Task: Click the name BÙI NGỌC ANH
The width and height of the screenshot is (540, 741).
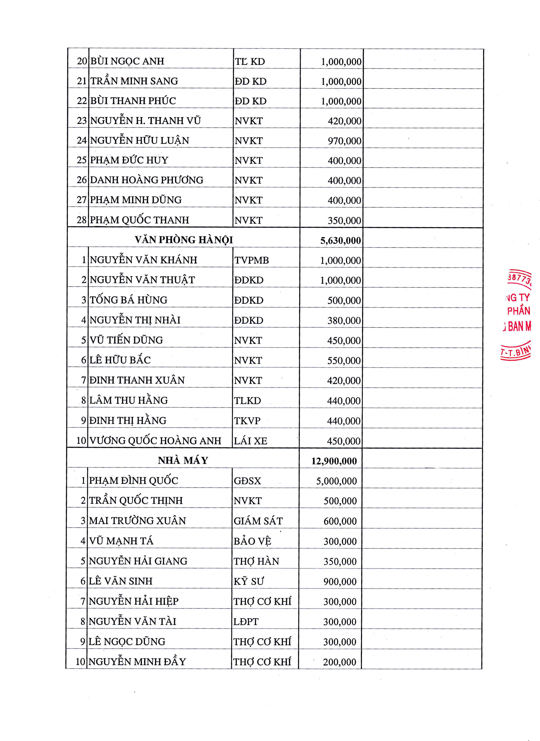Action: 127,61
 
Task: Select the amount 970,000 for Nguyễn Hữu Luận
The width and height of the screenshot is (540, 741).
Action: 344,141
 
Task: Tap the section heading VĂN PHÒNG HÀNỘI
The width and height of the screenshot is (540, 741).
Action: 184,240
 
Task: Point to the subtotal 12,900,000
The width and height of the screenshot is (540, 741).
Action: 334,461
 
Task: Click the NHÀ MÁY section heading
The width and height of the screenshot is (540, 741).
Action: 183,460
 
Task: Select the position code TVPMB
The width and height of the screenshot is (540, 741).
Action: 251,260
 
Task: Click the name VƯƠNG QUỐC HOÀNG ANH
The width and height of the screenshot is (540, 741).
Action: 155,441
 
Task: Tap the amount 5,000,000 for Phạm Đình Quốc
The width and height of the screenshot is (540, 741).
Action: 336,481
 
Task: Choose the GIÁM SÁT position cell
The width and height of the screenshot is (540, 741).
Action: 258,521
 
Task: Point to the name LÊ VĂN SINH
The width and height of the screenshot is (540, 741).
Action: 121,581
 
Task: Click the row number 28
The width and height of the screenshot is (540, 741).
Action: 82,220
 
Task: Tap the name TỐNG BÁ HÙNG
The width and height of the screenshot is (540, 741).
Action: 128,300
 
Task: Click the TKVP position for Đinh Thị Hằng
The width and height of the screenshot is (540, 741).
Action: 247,421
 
